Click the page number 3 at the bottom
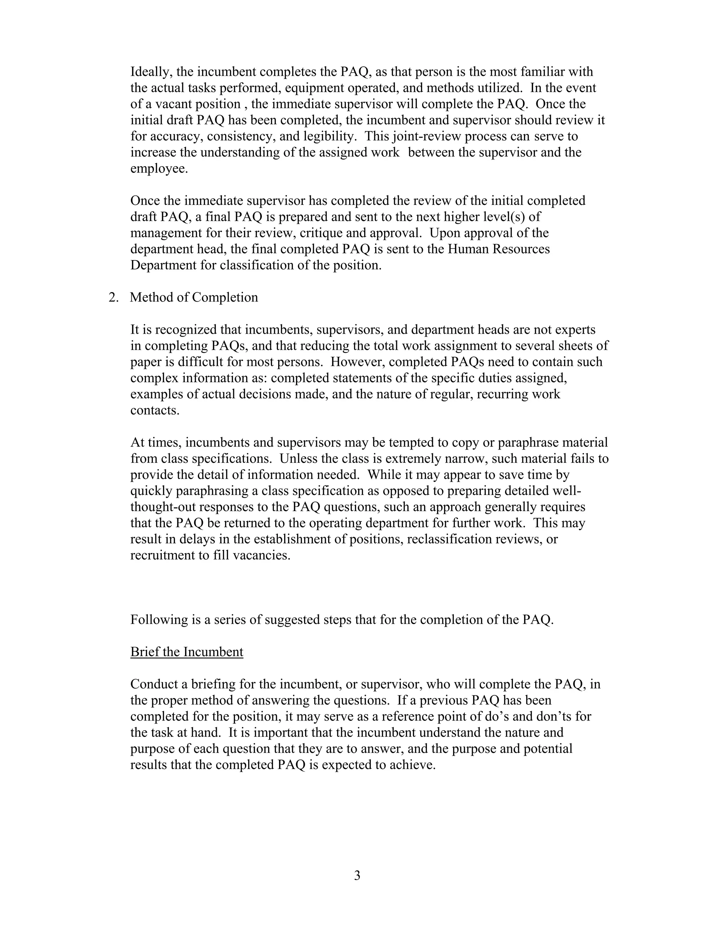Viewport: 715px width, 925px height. coord(357,875)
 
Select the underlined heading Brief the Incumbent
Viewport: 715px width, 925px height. coord(186,651)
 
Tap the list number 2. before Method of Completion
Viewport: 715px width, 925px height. coord(113,297)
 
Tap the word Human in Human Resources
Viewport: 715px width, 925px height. coord(468,249)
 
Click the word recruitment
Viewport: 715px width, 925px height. coord(157,555)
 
